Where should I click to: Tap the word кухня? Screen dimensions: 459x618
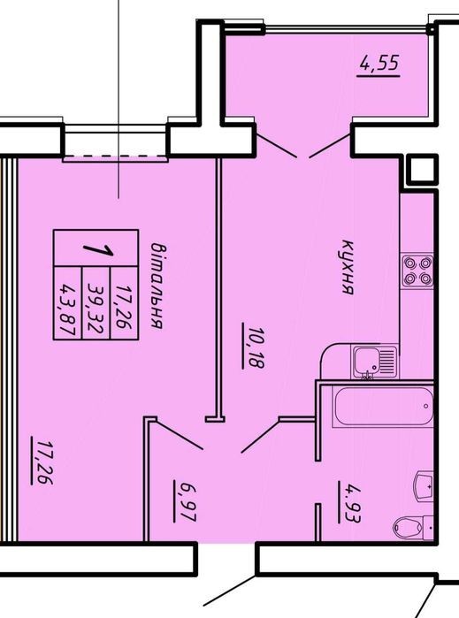click(348, 267)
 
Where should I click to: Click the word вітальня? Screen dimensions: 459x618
click(158, 286)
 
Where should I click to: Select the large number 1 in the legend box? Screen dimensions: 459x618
click(98, 250)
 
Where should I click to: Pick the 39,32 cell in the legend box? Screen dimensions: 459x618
click(96, 302)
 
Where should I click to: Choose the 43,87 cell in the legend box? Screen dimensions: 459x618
click(67, 302)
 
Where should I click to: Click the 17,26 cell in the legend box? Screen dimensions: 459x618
click(124, 302)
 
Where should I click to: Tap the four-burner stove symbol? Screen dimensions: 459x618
click(417, 271)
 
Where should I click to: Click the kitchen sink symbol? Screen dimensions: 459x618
click(374, 361)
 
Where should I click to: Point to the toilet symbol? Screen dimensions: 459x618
click(413, 525)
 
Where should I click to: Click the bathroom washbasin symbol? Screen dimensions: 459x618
click(425, 485)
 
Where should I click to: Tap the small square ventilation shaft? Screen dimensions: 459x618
click(422, 169)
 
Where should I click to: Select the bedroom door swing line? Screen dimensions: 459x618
click(179, 435)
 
